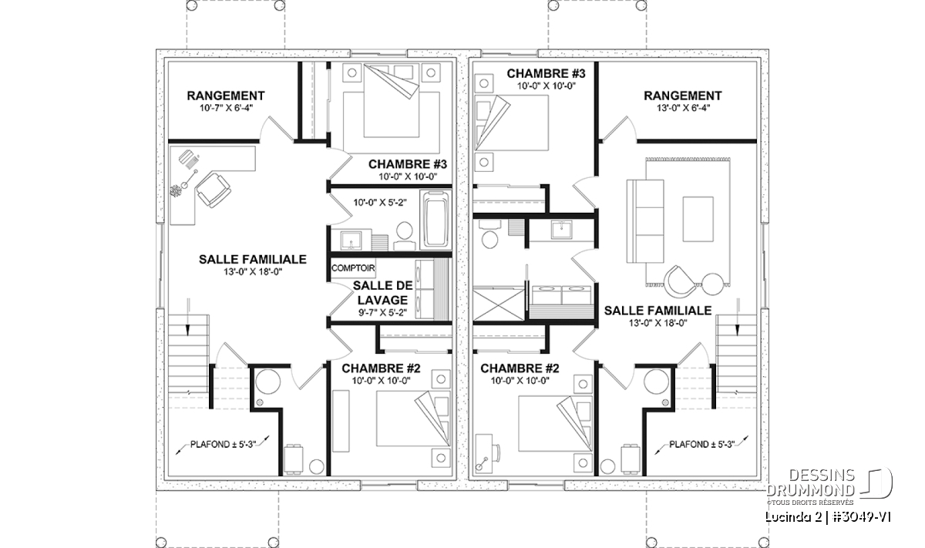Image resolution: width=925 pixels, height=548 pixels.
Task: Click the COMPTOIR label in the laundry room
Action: click(x=353, y=268)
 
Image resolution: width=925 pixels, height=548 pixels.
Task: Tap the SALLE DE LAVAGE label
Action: click(x=383, y=292)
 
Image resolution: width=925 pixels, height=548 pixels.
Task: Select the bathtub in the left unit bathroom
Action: click(x=436, y=220)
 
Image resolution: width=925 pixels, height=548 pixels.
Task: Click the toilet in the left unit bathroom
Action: click(x=404, y=236)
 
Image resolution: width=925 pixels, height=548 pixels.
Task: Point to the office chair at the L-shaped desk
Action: click(x=213, y=190)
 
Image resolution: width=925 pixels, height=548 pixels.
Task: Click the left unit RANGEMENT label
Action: click(x=225, y=96)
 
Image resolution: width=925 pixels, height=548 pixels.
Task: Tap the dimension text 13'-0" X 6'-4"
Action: click(x=683, y=108)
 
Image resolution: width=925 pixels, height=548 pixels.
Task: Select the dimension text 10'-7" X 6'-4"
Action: click(x=226, y=108)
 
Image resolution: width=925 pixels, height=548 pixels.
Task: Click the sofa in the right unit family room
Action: click(x=645, y=221)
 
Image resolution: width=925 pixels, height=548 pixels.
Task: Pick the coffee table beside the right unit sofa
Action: click(x=698, y=220)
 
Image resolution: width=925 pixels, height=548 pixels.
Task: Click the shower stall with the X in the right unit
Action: click(x=499, y=304)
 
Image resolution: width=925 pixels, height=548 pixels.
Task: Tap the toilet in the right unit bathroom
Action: click(x=489, y=234)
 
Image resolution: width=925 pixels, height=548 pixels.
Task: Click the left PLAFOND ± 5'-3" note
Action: click(x=223, y=445)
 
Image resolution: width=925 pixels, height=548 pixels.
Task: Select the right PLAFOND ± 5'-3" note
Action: click(x=701, y=445)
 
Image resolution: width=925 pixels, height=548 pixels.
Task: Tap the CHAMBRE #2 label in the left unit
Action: click(x=381, y=368)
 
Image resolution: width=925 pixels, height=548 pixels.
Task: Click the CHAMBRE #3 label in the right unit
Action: click(x=546, y=73)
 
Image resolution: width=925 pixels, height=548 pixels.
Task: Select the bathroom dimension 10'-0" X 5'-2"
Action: click(x=380, y=203)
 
